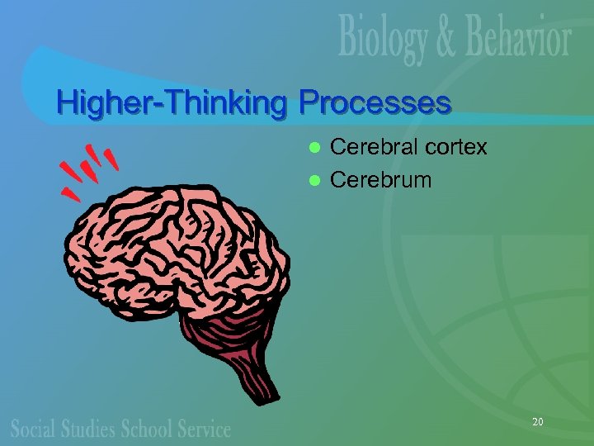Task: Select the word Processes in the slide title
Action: coord(375,103)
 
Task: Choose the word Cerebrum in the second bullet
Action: coord(380,179)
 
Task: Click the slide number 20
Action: coord(537,422)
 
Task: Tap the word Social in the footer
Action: coord(34,428)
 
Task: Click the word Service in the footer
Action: coord(205,428)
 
